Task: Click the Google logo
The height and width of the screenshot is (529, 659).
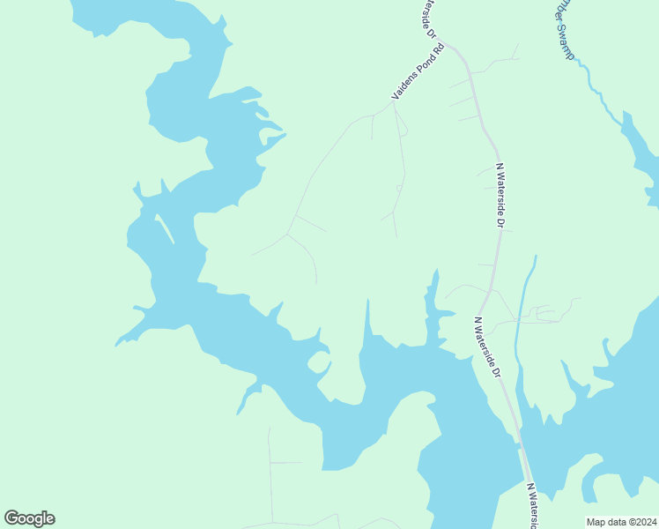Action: pyautogui.click(x=29, y=518)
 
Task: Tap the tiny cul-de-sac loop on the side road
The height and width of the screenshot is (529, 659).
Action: pyautogui.click(x=399, y=188)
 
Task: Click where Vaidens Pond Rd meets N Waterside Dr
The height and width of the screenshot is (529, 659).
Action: pyautogui.click(x=448, y=44)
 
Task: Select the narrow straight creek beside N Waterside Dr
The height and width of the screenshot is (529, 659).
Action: pyautogui.click(x=526, y=291)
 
